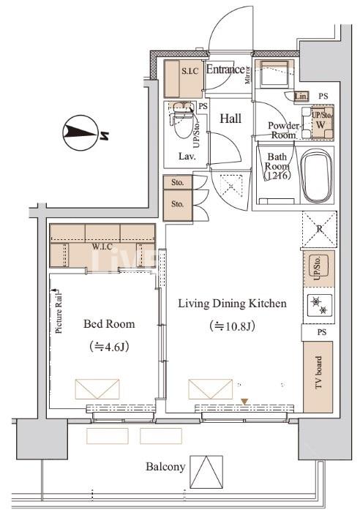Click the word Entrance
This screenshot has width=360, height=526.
click(x=225, y=70)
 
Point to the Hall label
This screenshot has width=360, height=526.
click(x=231, y=119)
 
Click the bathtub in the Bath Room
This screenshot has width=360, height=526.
click(x=317, y=178)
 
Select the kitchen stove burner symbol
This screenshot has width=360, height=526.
click(x=319, y=307)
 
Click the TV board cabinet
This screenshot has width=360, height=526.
click(x=319, y=376)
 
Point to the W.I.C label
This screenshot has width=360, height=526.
click(x=102, y=247)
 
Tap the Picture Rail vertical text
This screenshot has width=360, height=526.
click(x=58, y=311)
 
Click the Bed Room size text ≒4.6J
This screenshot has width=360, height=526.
click(x=109, y=346)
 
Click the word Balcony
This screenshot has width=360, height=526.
click(x=165, y=467)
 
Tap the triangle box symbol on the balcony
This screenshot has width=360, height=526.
click(x=206, y=472)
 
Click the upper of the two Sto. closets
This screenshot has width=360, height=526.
click(x=177, y=182)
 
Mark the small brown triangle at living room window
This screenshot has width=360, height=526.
click(x=245, y=400)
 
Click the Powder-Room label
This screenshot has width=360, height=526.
click(x=285, y=130)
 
